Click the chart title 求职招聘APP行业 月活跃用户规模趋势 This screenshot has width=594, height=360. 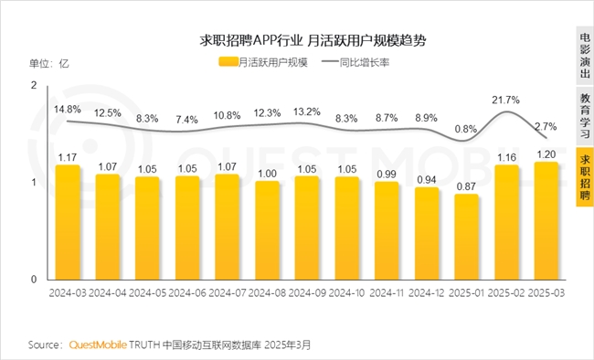pyautogui.click(x=301, y=41)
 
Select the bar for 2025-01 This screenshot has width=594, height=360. pyautogui.click(x=467, y=237)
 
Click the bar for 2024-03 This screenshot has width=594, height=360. pyautogui.click(x=68, y=222)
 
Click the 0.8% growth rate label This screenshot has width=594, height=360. pyautogui.click(x=466, y=129)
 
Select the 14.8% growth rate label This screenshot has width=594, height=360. pyautogui.click(x=68, y=109)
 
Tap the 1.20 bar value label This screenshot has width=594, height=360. pyautogui.click(x=547, y=154)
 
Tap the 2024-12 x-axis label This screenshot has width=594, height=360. pyautogui.click(x=427, y=294)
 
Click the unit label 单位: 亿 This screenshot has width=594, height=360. pyautogui.click(x=50, y=63)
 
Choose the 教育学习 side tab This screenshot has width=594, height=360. pyautogui.click(x=584, y=114)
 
